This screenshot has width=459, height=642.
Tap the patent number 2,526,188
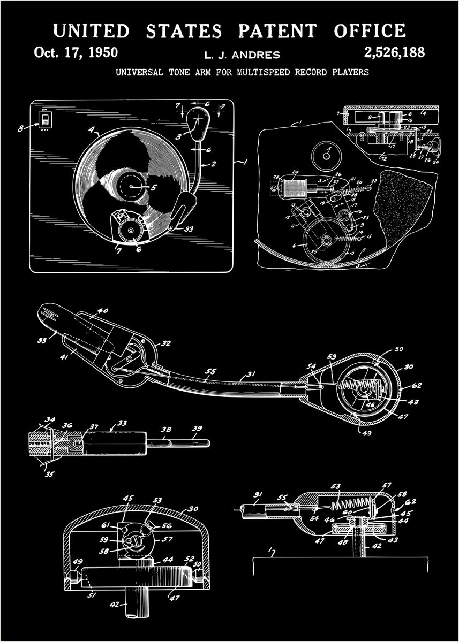(x=394, y=52)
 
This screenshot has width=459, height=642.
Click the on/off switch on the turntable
(x=46, y=119)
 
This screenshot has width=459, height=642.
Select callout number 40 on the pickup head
(x=102, y=310)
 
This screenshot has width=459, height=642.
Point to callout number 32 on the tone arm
(x=166, y=343)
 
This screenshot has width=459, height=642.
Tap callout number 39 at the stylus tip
(x=196, y=429)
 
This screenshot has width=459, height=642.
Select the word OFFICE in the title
(x=369, y=31)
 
